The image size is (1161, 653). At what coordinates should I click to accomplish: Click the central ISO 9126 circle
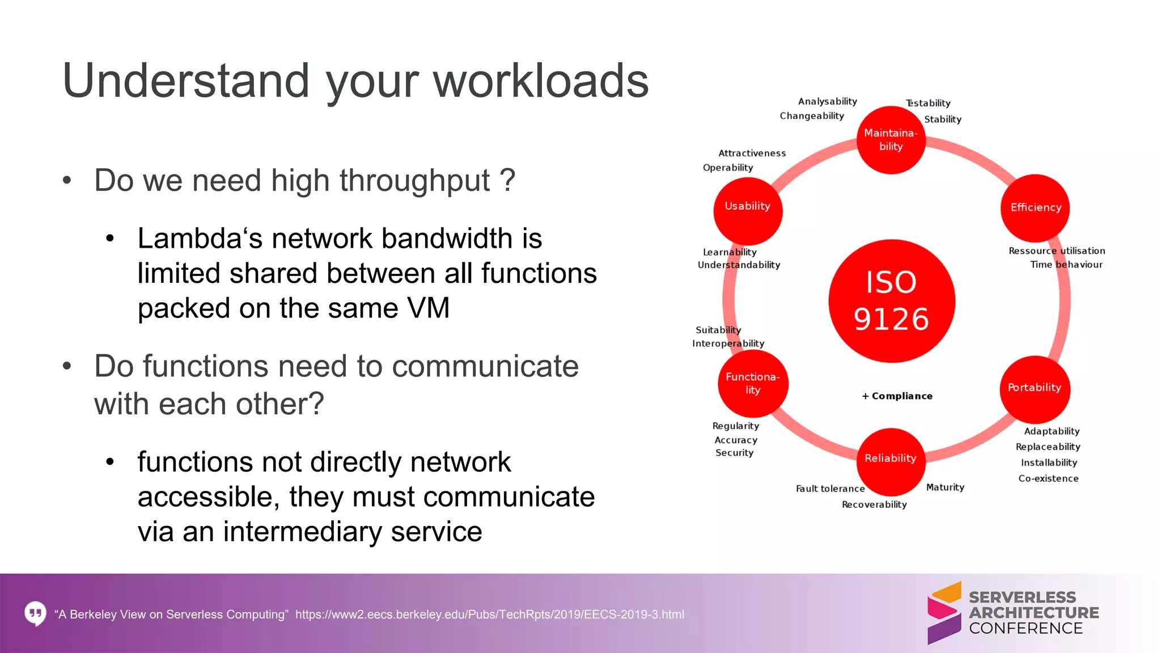(891, 301)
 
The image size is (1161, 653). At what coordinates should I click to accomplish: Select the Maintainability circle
(891, 140)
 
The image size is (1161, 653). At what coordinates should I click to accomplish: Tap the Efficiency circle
(1035, 207)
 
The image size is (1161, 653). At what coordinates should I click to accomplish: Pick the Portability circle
(1035, 388)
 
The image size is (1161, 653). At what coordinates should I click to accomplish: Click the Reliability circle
(891, 460)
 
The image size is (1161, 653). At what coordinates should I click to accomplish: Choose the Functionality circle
(753, 384)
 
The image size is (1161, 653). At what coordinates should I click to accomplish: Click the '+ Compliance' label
(897, 396)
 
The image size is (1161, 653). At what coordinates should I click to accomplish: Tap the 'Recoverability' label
(874, 504)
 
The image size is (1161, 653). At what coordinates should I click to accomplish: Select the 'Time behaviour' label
(1066, 265)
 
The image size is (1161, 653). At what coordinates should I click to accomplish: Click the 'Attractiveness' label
(752, 153)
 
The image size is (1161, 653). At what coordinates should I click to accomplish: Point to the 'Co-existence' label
(1048, 478)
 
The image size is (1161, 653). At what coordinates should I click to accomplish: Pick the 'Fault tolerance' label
(830, 489)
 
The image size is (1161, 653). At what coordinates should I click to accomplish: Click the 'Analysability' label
(827, 101)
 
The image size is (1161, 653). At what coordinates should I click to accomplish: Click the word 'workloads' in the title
(541, 81)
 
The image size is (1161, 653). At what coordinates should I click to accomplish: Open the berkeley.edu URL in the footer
(489, 614)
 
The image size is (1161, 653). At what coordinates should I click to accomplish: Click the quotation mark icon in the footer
(35, 613)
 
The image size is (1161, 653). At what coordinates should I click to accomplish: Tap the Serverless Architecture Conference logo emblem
(944, 613)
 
